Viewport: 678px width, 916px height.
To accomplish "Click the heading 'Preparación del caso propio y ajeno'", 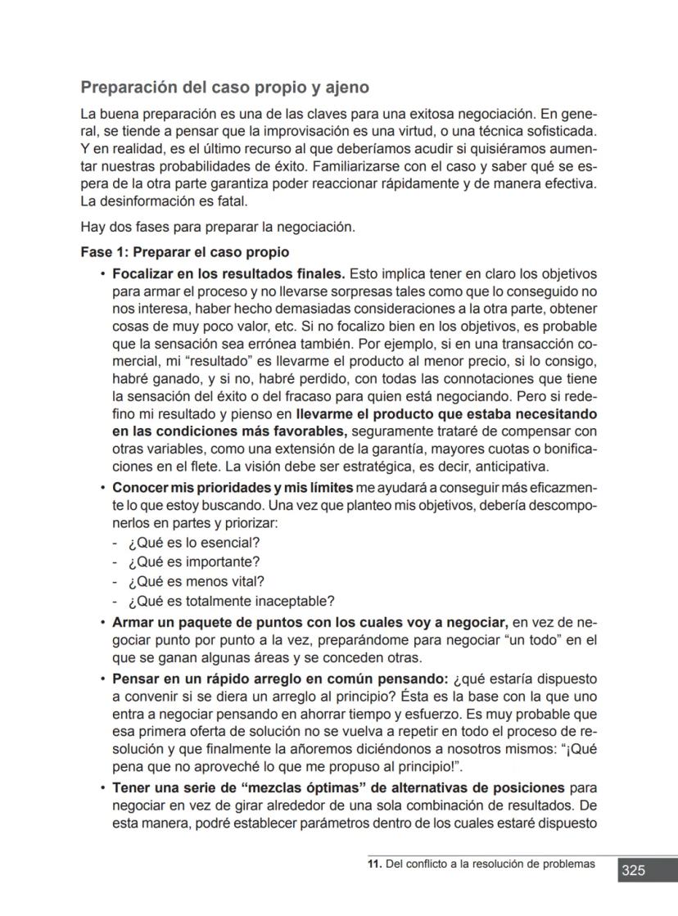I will click(224, 87).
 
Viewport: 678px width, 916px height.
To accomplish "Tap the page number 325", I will click(632, 870).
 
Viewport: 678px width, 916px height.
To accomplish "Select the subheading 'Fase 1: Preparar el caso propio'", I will click(184, 252).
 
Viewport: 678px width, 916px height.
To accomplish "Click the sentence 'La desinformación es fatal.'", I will click(164, 201).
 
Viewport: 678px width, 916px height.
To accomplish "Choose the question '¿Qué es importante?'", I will click(194, 562).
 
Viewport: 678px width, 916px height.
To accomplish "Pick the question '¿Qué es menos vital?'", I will click(196, 581).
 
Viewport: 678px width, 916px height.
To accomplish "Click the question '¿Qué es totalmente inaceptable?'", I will click(231, 601).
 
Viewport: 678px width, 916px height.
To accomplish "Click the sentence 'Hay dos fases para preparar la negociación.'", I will click(218, 227).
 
